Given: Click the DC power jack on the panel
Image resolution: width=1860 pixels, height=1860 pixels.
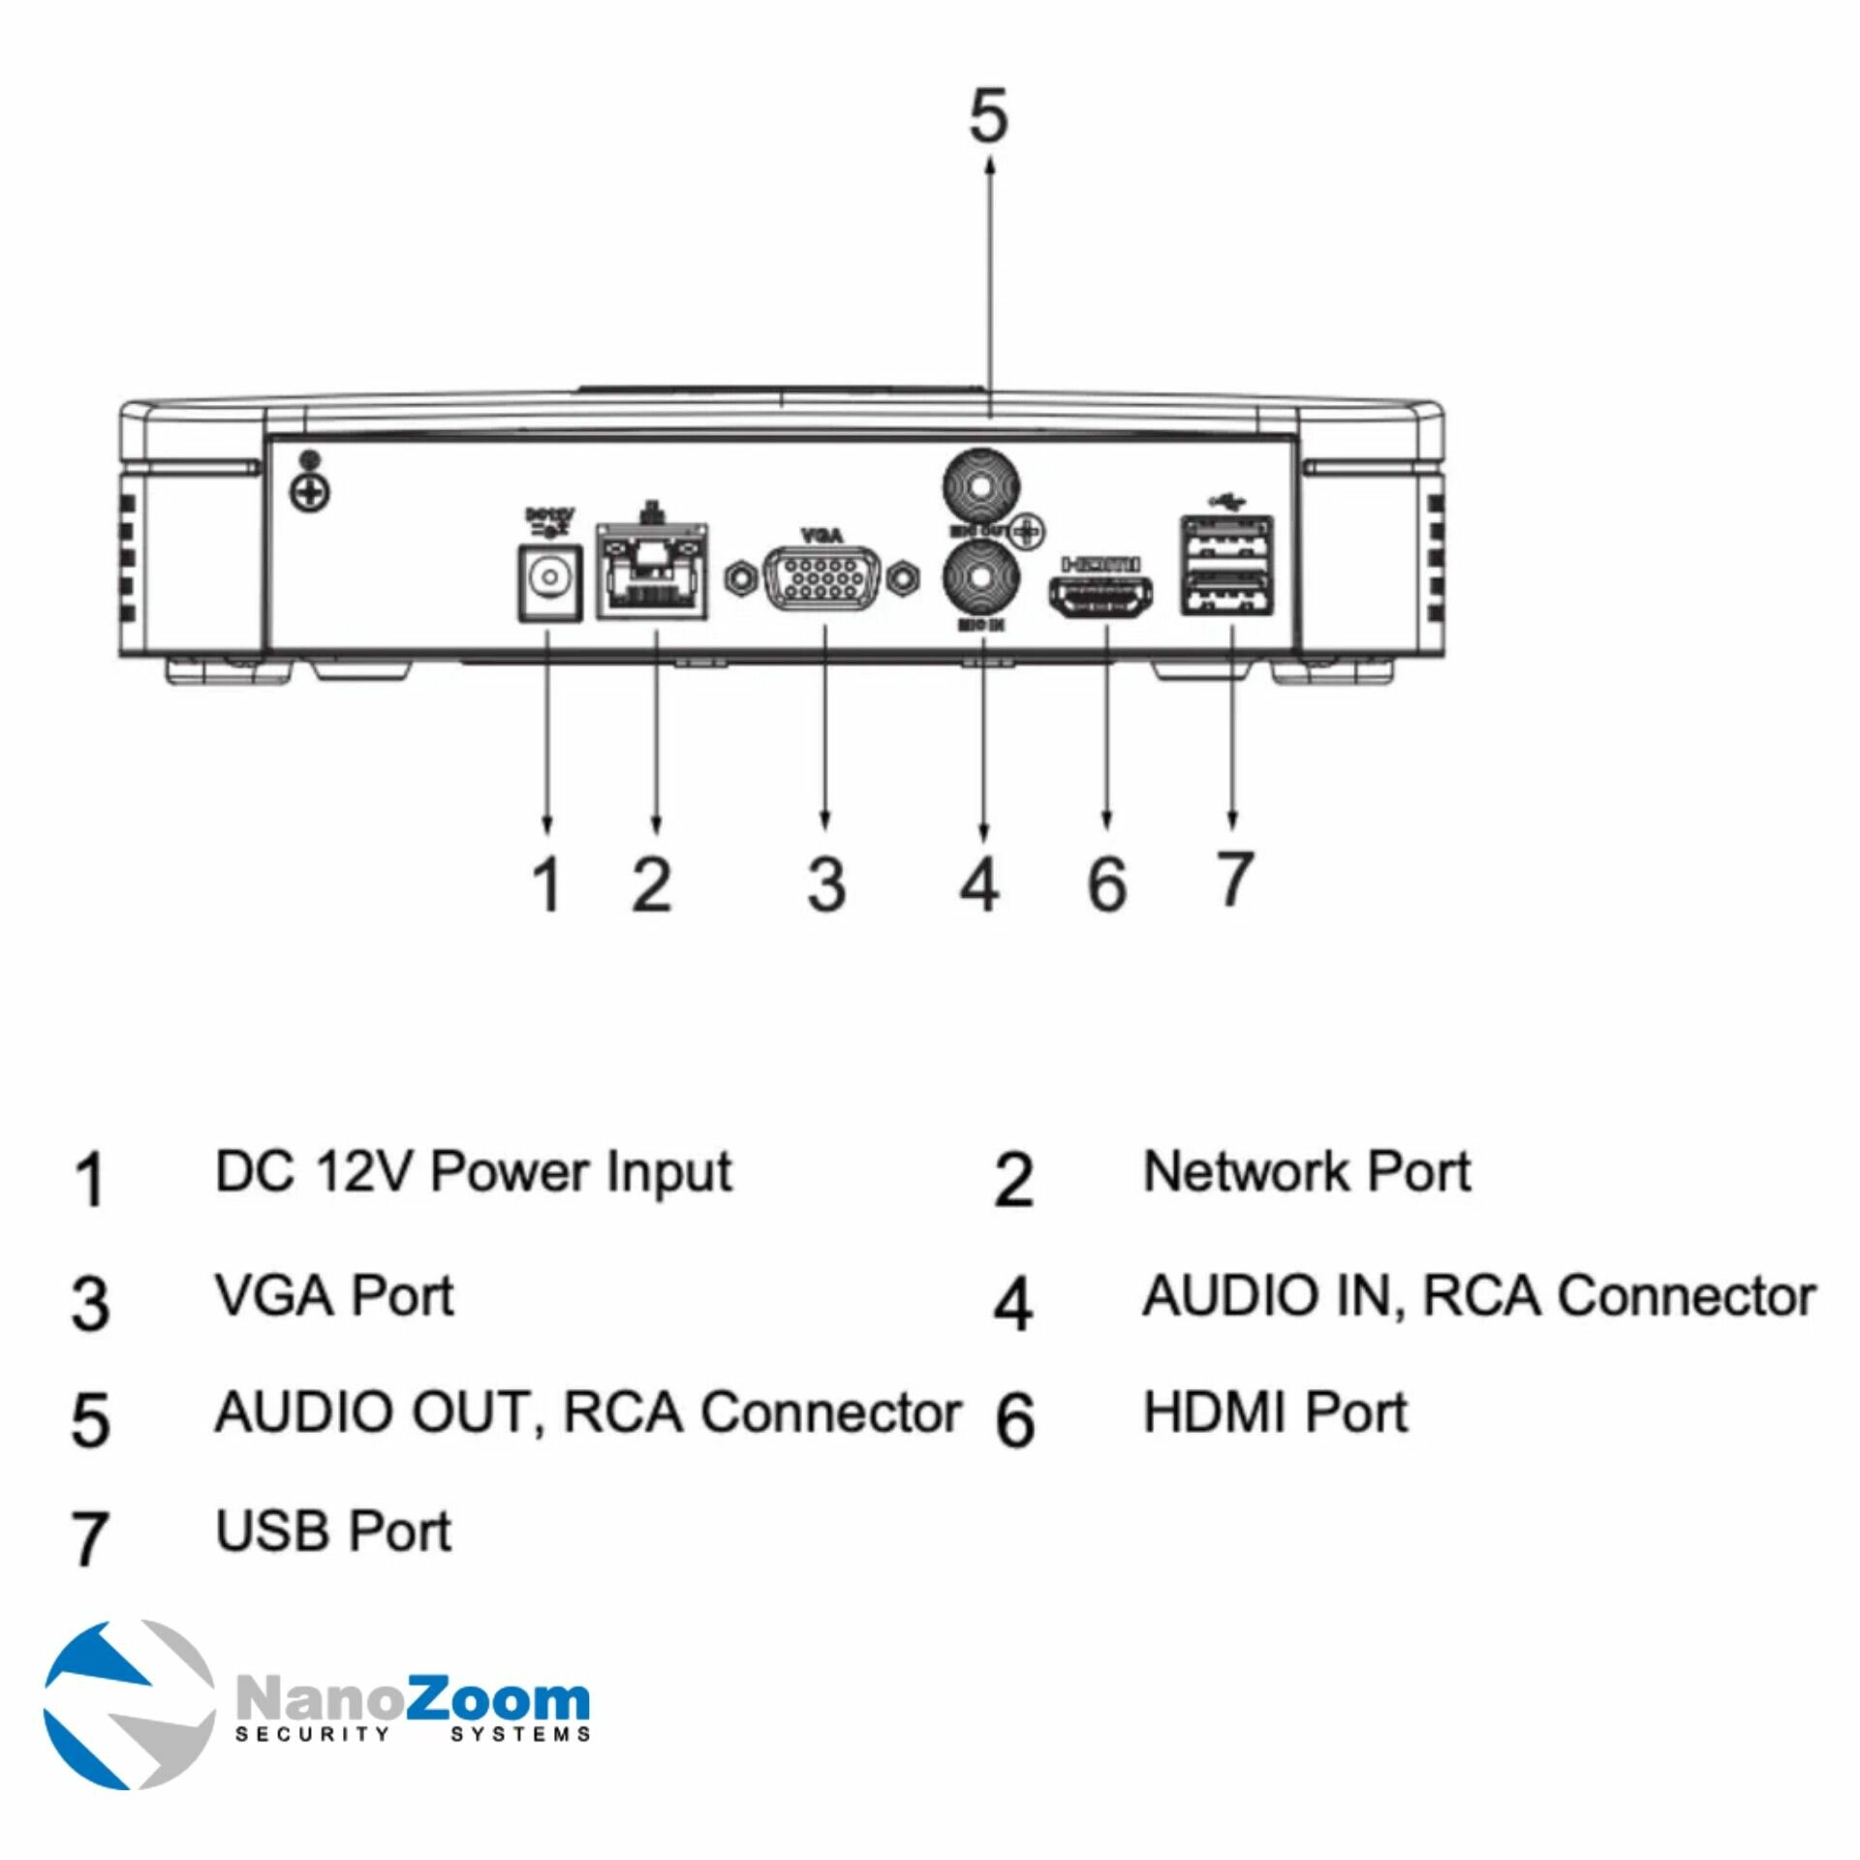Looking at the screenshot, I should tap(549, 581).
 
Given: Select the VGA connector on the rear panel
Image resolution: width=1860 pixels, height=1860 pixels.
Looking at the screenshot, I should tap(822, 579).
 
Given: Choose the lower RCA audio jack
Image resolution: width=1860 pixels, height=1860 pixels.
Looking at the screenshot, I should tap(981, 579).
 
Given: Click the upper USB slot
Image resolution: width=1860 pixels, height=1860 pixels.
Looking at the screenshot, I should tap(1225, 539).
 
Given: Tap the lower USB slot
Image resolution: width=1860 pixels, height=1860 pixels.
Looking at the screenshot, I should tap(1225, 591).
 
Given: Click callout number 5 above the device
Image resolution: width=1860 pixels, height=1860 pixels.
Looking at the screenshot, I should tap(988, 116).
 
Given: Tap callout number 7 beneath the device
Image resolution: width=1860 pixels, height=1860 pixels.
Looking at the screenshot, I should tap(1233, 878).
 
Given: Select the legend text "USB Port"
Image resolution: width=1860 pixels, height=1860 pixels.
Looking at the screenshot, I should tap(333, 1532).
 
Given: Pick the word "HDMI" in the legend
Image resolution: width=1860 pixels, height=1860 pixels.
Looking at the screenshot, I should tap(1216, 1412).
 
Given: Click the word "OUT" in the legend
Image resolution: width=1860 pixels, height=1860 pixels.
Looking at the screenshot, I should tap(470, 1412).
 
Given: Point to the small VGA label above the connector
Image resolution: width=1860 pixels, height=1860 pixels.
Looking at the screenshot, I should tap(822, 535).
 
